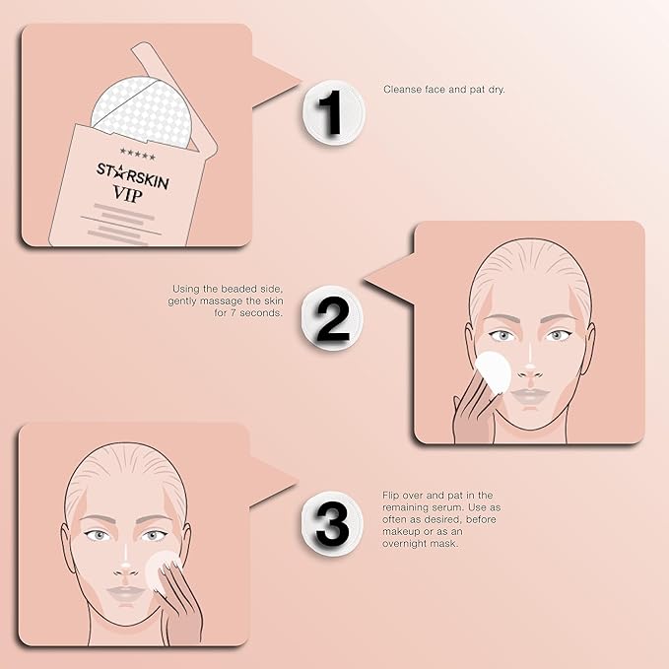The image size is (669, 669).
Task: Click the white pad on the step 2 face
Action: point(493,374)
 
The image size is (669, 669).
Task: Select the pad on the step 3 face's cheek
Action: point(160,569)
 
